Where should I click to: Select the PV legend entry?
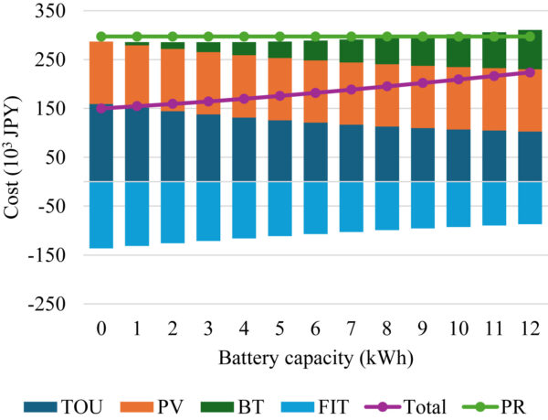pos(161,402)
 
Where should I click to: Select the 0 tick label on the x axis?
pos(100,328)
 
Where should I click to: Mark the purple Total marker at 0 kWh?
pos(100,108)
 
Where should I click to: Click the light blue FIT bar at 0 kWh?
pos(100,214)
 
